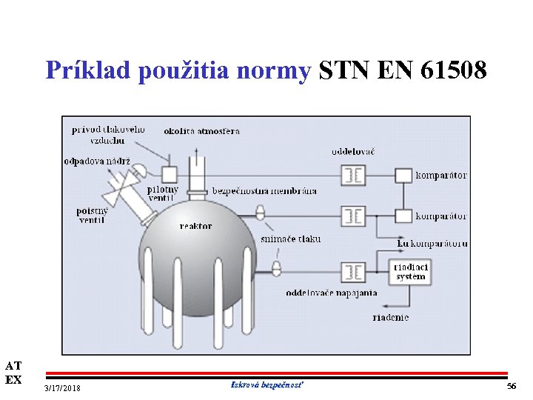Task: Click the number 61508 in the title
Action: coord(453,70)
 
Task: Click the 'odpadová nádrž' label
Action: coord(97,161)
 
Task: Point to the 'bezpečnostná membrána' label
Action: coord(264,190)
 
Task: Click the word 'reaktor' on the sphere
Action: coord(195,226)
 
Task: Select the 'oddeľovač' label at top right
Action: coord(352,151)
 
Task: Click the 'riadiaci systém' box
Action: coord(410,271)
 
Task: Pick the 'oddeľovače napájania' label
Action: coord(332,293)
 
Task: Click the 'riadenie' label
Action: coord(390,317)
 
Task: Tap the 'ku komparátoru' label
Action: coord(432,242)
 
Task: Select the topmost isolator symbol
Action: coord(352,176)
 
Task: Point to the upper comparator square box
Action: coord(403,176)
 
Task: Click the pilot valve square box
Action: coord(170,175)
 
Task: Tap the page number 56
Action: coord(511,387)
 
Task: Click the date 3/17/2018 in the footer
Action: coord(63,389)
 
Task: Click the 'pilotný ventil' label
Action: coord(163,193)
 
